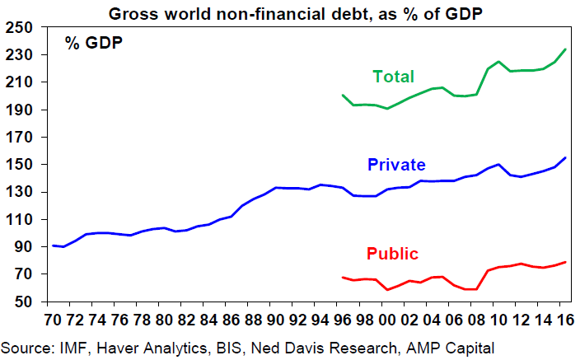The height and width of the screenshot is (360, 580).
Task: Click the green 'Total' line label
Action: click(393, 77)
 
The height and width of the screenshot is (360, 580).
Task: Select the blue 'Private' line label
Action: click(398, 165)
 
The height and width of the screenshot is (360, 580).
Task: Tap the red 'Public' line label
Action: click(392, 253)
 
